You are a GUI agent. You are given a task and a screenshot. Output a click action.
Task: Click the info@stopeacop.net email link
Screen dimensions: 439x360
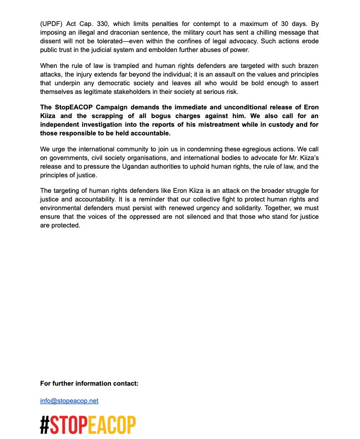click(69, 401)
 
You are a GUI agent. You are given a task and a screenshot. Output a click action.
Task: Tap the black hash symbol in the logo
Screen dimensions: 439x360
click(45, 425)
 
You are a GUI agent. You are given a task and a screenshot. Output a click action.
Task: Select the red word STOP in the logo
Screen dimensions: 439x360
click(68, 425)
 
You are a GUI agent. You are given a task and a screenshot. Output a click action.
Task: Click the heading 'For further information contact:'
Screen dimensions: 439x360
click(89, 383)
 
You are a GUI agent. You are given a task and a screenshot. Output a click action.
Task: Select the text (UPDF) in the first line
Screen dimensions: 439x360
click(51, 23)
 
